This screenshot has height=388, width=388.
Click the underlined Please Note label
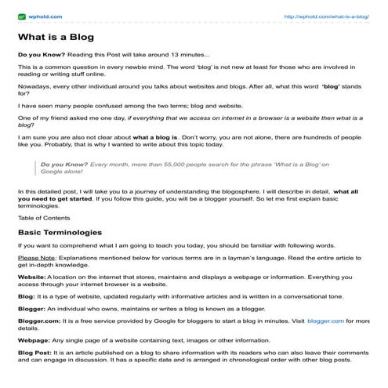click(x=38, y=257)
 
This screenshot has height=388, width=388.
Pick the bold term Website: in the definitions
click(x=32, y=277)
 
